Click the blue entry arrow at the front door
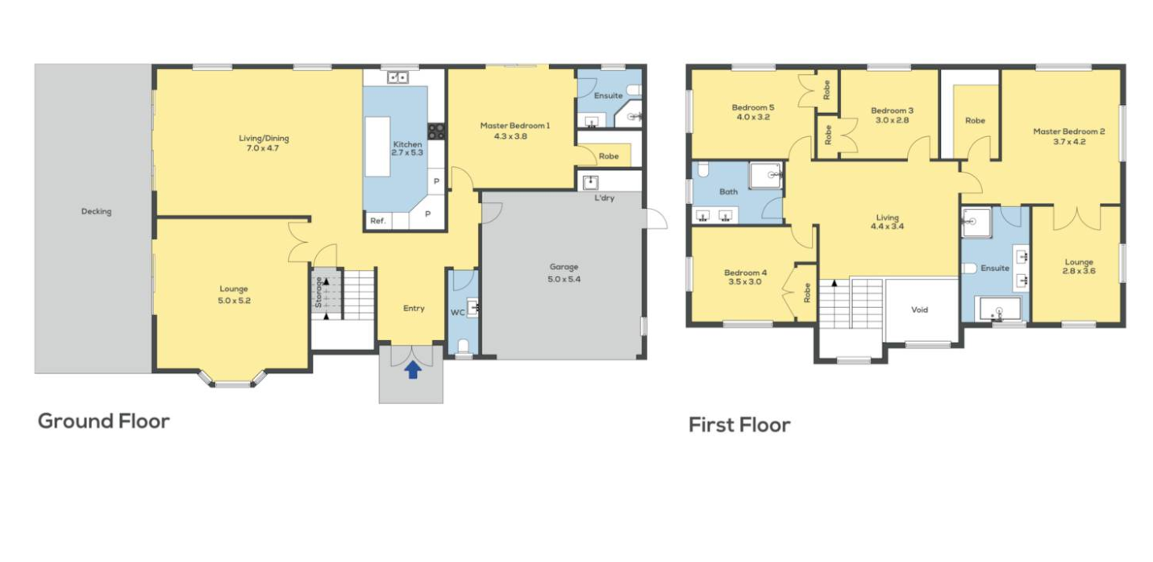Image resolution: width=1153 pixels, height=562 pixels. click(x=413, y=369)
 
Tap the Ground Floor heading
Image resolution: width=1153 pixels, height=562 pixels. click(x=104, y=422)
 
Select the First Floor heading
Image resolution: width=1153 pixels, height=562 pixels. click(x=739, y=425)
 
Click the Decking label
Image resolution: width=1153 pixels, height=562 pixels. click(x=96, y=211)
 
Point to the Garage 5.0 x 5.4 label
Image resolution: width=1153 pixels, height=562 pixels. click(x=564, y=273)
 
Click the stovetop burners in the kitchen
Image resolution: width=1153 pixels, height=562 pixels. click(x=436, y=131)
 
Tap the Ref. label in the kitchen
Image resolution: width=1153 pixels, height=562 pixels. click(x=378, y=221)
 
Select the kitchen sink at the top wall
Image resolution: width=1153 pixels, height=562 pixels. click(x=398, y=77)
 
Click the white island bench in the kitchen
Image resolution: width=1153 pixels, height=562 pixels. click(x=378, y=148)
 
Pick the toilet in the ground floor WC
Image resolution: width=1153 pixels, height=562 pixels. click(x=464, y=346)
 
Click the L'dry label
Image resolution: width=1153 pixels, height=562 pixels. click(x=604, y=198)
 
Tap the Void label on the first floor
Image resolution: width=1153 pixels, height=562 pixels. click(x=919, y=310)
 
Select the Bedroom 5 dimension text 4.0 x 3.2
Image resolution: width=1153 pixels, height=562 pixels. click(x=753, y=118)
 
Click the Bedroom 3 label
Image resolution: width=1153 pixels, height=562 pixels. click(x=892, y=110)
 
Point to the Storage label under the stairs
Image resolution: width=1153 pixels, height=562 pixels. click(x=318, y=293)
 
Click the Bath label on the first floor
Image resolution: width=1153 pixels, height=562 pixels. click(x=728, y=192)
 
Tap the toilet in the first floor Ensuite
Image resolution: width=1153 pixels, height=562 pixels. click(x=969, y=269)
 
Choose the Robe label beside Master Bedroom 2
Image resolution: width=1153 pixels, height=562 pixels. click(x=975, y=120)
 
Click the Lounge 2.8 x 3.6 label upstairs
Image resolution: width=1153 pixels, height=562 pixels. click(x=1079, y=267)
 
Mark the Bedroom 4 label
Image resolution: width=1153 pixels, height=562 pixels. click(x=745, y=273)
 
